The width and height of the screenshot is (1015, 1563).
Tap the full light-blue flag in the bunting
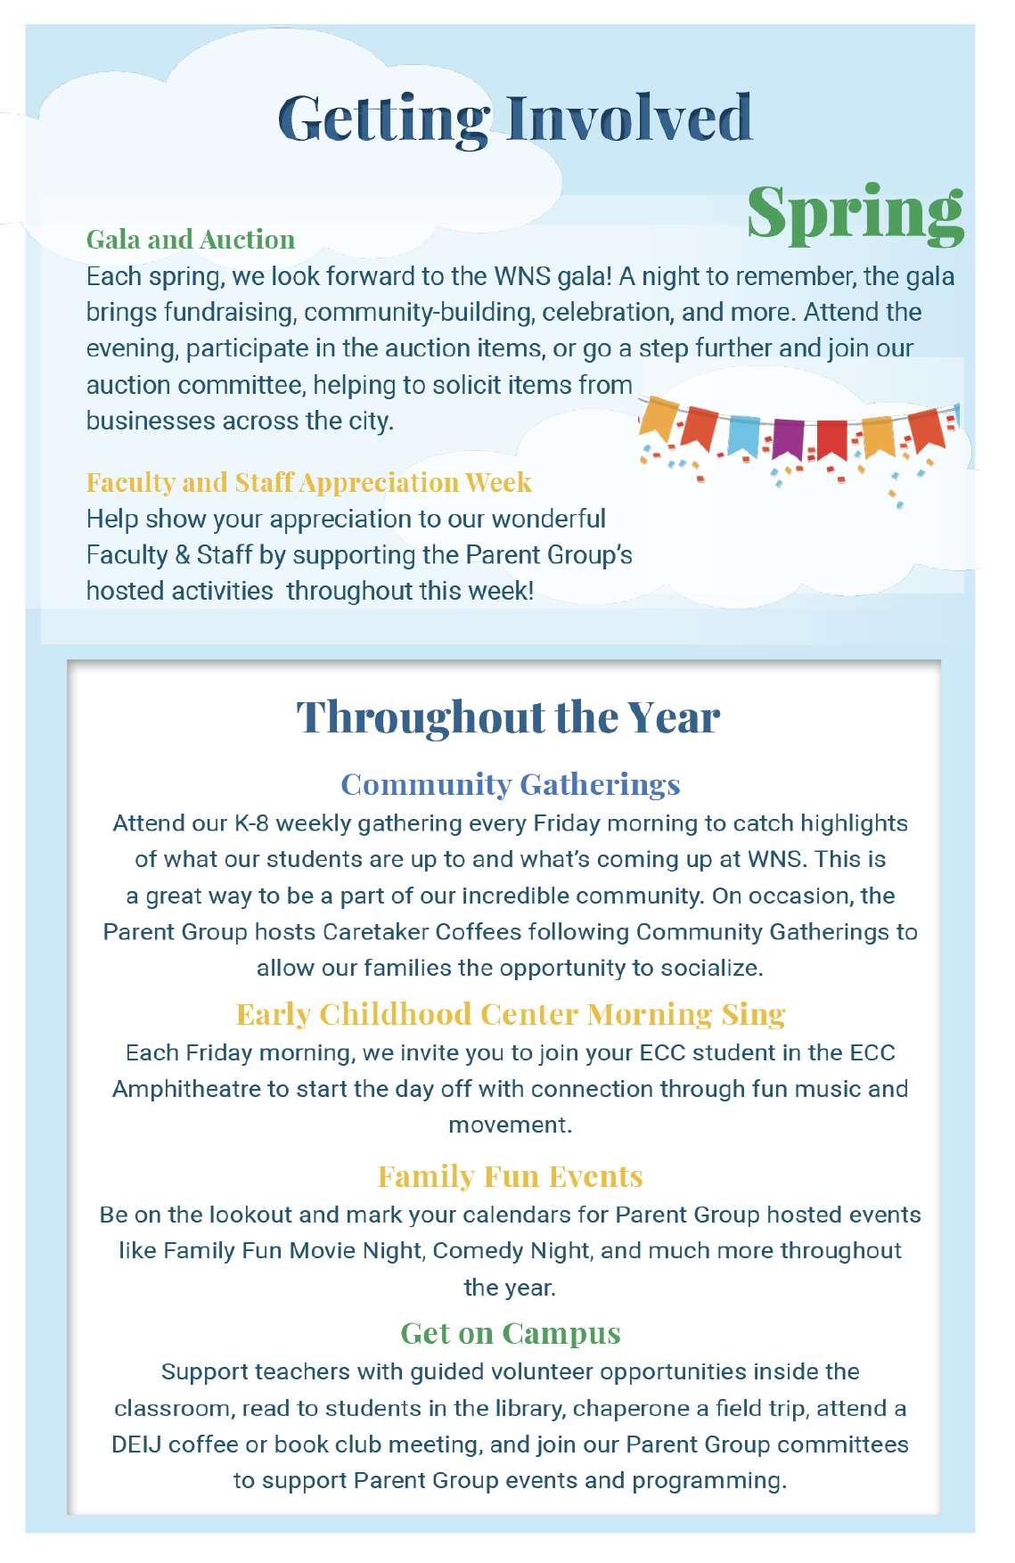(x=743, y=432)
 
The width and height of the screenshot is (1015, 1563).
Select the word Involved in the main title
(x=630, y=118)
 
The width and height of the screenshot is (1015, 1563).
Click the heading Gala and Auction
(x=190, y=240)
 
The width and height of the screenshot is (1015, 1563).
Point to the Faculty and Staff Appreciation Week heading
(x=308, y=482)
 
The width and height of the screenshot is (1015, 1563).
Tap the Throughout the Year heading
(x=507, y=716)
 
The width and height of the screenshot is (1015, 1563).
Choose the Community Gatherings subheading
(x=510, y=784)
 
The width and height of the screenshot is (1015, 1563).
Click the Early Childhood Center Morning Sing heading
(x=510, y=1014)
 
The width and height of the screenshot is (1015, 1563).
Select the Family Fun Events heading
(x=510, y=1176)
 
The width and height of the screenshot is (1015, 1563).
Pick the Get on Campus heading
(x=510, y=1333)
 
